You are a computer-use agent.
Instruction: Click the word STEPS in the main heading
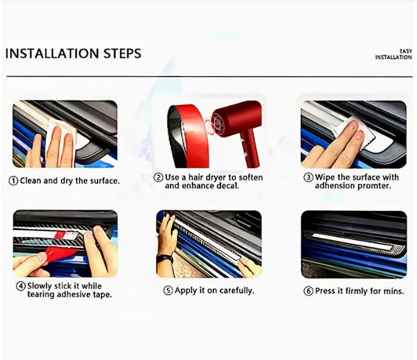(122, 53)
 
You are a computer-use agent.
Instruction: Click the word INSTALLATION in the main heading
(52, 53)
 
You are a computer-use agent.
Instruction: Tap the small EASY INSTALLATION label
(393, 54)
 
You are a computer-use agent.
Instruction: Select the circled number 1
(13, 181)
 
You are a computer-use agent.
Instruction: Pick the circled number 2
(158, 177)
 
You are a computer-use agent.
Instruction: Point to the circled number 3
(309, 177)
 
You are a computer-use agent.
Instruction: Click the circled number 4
(20, 286)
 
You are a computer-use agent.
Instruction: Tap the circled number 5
(168, 291)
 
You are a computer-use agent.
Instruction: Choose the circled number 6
(309, 291)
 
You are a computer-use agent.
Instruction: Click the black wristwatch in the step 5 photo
(165, 258)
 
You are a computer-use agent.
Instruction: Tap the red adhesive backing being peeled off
(60, 253)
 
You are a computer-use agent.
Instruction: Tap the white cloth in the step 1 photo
(61, 141)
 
